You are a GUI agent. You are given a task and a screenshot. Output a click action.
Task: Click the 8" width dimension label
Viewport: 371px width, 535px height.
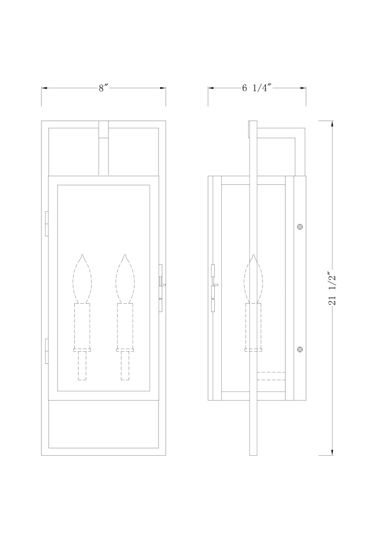pos(103,88)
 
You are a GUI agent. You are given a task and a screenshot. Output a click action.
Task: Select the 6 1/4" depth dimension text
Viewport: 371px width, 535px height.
pos(257,88)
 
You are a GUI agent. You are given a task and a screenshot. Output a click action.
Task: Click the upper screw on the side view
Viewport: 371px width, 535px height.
pos(300,227)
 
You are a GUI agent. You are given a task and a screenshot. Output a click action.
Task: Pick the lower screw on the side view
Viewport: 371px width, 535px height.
pos(300,350)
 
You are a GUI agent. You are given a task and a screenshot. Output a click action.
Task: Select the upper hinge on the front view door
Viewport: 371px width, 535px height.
pos(47,224)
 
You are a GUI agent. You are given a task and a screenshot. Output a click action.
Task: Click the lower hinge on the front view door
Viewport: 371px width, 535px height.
pos(47,351)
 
